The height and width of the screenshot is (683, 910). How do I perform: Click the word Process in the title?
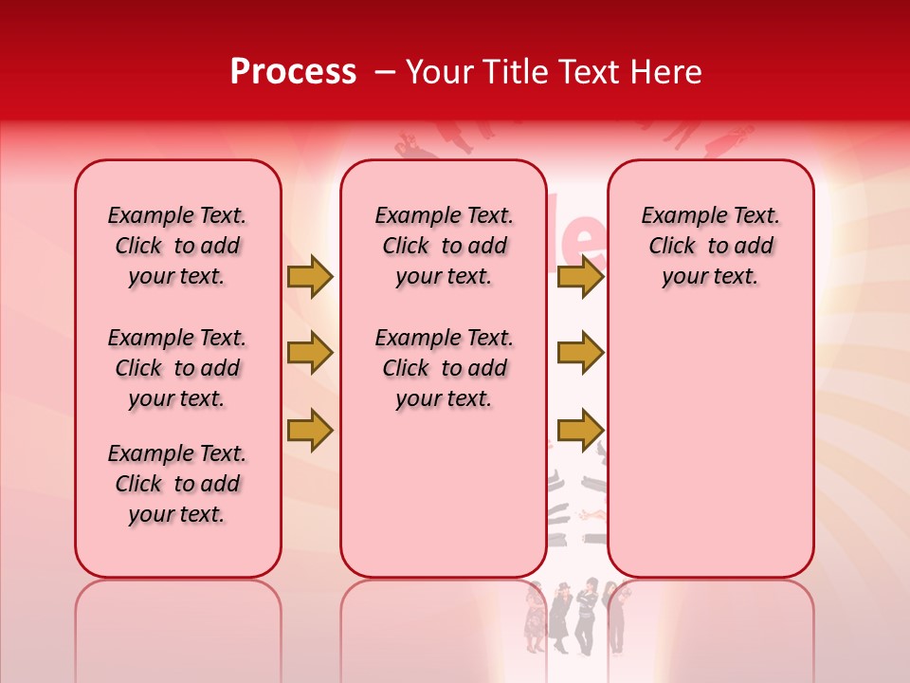(293, 72)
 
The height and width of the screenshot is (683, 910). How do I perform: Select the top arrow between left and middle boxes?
(310, 277)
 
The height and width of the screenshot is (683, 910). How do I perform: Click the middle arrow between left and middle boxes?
(310, 353)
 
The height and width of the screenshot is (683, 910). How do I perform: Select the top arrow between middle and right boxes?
(580, 277)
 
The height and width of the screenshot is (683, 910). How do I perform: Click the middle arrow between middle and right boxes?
(580, 353)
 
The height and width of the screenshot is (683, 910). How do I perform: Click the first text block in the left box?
(177, 246)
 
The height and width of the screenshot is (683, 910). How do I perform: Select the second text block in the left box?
(177, 368)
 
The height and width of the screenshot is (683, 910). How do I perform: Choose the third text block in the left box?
(177, 484)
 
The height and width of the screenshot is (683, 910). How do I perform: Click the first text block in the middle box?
(444, 246)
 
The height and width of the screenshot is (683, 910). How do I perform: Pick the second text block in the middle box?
(444, 368)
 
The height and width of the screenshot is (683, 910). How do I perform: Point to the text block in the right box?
(710, 246)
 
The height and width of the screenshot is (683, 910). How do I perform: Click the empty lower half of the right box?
(710, 455)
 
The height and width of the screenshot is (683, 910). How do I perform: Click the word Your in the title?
(441, 72)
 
